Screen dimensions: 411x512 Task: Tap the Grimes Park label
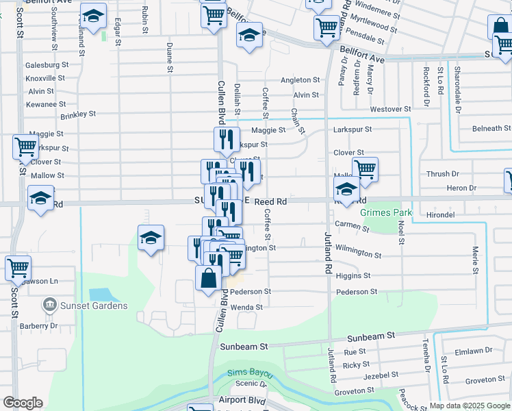(387, 213)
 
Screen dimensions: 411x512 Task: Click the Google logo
(23, 403)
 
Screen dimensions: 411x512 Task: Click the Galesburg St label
(48, 65)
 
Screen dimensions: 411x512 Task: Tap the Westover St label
(389, 109)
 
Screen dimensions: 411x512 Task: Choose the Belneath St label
(491, 129)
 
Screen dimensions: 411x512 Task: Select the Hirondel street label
(440, 214)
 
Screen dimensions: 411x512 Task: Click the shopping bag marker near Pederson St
(208, 279)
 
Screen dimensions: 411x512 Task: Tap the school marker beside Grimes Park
(347, 190)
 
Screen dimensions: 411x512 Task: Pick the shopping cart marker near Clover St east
(366, 169)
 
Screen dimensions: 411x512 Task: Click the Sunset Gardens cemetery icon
(49, 304)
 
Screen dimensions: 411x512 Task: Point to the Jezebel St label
(381, 375)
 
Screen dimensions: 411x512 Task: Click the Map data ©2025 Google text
(470, 406)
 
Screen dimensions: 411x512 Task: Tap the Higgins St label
(353, 275)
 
